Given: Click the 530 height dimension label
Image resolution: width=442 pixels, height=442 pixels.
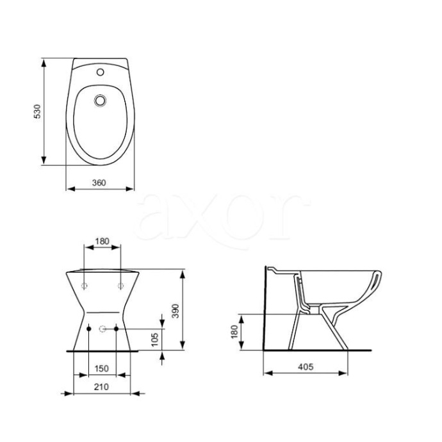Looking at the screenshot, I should click(x=38, y=111).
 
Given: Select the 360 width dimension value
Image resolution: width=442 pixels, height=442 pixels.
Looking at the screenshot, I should click(x=99, y=183).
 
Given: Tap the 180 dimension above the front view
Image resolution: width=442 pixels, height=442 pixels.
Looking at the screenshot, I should click(x=102, y=242).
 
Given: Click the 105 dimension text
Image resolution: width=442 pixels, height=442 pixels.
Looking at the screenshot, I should click(x=154, y=340).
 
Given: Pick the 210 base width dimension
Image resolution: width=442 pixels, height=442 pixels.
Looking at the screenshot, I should click(x=100, y=386).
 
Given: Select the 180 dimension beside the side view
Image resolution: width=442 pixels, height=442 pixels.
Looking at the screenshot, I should click(x=234, y=332).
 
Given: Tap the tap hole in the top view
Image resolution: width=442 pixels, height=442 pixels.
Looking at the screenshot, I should click(x=100, y=72).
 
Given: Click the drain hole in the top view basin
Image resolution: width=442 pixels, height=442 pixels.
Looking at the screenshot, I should click(x=99, y=101).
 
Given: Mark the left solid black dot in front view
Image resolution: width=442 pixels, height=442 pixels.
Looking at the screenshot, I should click(x=88, y=329).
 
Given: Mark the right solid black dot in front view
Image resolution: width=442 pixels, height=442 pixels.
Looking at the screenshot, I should click(x=116, y=329).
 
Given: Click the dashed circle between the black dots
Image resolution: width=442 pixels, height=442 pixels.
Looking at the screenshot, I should click(x=102, y=329).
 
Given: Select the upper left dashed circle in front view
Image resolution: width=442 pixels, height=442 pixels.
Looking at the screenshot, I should click(x=85, y=284).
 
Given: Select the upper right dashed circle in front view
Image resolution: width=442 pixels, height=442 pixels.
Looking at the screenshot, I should click(x=120, y=284).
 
